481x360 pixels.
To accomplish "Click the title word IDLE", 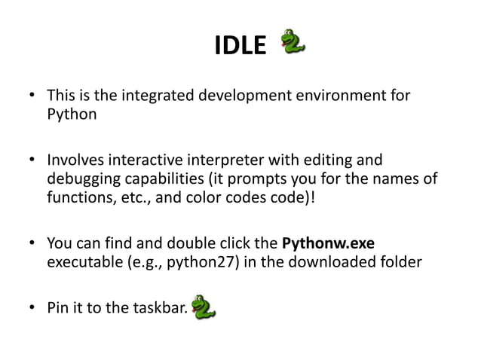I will click(x=240, y=47).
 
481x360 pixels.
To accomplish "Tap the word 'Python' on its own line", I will click(x=72, y=116).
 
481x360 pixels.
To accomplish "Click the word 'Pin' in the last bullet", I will click(x=59, y=308).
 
